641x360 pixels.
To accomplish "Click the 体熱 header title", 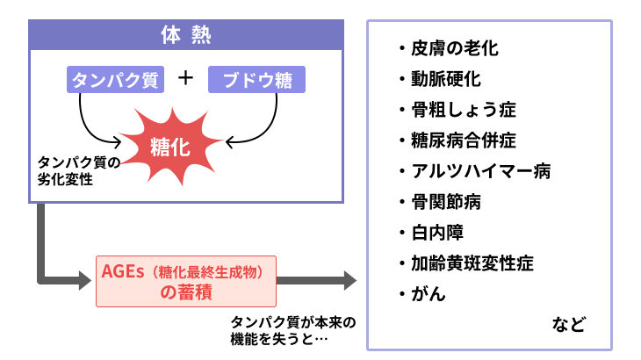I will coord(185,36).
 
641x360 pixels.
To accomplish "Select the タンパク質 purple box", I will coord(115,80).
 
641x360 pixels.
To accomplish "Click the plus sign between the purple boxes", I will coord(185,78).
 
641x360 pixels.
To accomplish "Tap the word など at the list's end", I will coord(568,323).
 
